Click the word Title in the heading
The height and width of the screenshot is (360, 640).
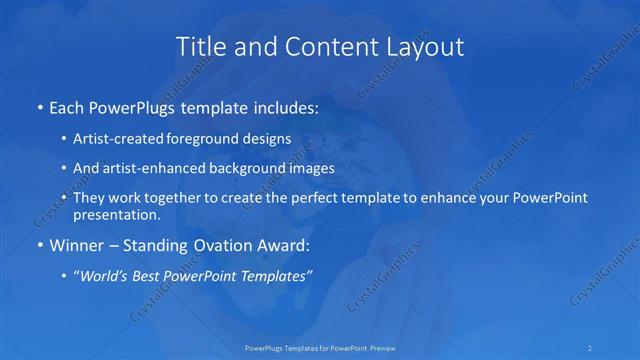(200, 46)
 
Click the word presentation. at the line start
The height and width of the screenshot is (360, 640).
(116, 214)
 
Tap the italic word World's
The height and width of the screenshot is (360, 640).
(107, 275)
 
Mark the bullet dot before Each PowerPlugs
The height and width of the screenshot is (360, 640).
(38, 107)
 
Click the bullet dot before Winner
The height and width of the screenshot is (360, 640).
(38, 244)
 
